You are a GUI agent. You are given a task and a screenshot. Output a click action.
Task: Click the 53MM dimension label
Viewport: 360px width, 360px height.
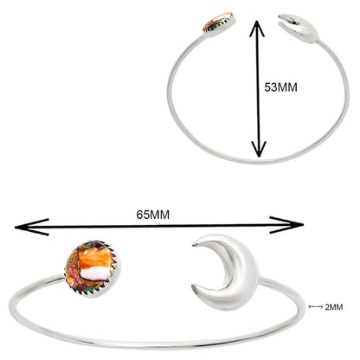280,87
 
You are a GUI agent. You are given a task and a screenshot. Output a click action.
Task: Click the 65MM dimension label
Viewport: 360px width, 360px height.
153,215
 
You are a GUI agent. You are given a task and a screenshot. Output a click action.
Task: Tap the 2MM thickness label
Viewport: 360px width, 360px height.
334,307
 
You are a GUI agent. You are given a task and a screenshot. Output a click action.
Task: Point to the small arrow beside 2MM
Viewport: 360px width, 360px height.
316,307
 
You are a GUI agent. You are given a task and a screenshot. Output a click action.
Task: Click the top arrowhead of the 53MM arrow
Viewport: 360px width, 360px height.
257,28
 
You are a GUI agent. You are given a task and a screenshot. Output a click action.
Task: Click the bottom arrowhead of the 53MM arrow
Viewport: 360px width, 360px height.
259,150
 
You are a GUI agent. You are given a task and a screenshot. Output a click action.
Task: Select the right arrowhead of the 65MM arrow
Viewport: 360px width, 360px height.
286,225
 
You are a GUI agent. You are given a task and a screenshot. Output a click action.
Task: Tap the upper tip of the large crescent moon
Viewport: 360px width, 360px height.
194,245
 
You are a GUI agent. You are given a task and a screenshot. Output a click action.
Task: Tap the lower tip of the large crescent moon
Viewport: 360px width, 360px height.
193,287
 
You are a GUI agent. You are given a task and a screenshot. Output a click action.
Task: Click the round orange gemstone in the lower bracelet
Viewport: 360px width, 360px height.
93,268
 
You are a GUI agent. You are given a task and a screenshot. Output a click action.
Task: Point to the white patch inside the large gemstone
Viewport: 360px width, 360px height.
95,273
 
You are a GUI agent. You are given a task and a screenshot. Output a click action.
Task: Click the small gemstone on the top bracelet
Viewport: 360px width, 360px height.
220,22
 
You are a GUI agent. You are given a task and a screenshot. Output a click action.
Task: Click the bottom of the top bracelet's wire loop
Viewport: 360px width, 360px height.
259,162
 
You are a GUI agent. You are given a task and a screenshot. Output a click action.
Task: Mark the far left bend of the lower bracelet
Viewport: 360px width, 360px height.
11,306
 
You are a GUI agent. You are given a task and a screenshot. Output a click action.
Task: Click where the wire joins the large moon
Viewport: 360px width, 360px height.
261,279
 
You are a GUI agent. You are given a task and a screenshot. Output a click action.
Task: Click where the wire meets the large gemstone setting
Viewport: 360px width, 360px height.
63,277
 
